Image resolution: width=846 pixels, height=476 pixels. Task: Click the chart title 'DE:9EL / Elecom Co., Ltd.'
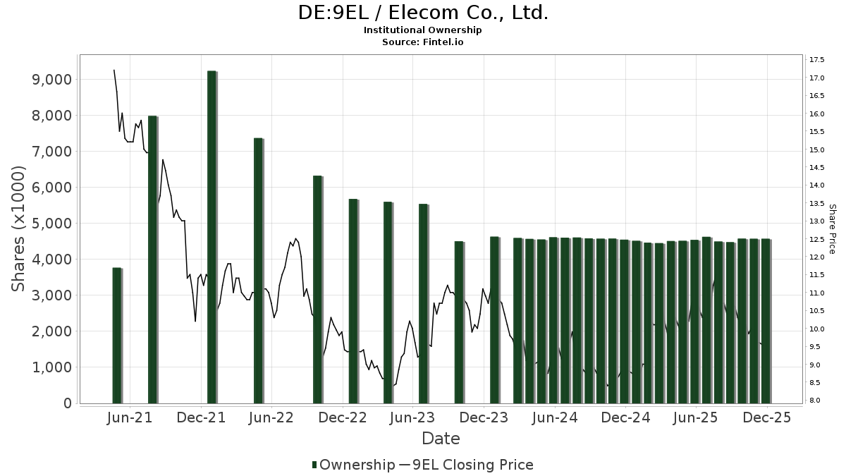click(x=423, y=12)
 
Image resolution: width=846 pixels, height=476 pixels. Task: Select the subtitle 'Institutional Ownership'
click(x=423, y=30)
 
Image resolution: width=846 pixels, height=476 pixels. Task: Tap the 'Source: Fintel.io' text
click(x=423, y=42)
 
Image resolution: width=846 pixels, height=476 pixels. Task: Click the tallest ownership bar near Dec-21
click(x=211, y=237)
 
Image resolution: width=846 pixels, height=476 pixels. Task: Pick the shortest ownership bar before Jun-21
click(x=117, y=336)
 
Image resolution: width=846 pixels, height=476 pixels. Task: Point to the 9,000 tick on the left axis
click(x=53, y=79)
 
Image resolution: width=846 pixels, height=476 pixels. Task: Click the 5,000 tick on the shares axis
click(x=53, y=223)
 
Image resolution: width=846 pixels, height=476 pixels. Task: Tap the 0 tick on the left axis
click(x=66, y=403)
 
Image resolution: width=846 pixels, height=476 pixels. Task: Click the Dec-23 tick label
click(x=484, y=418)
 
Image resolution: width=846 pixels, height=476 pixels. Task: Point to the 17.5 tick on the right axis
click(x=818, y=59)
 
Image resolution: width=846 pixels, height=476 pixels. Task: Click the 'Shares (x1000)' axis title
click(x=19, y=229)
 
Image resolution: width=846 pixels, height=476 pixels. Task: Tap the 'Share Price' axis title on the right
click(x=833, y=229)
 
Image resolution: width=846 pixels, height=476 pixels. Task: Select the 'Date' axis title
click(x=441, y=439)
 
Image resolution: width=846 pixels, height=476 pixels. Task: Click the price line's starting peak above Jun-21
click(x=114, y=70)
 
